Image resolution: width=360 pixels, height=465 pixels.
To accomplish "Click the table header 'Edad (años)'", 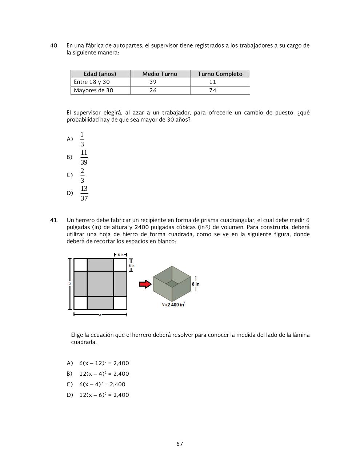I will [x=100, y=74].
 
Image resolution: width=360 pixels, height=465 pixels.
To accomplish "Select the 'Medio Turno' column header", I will [x=160, y=74].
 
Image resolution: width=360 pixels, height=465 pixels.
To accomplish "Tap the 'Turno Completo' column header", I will [x=220, y=74].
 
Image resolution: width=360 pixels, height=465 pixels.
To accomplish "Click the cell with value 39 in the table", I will [x=153, y=82].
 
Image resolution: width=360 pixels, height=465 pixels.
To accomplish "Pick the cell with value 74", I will [x=213, y=90].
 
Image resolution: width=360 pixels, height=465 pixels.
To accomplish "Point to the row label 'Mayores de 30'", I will [x=93, y=90].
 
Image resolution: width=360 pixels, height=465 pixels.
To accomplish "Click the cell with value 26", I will [x=153, y=90].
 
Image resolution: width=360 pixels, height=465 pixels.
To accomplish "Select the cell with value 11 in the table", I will [x=213, y=82].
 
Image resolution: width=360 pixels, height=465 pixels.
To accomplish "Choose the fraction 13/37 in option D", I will [x=84, y=194].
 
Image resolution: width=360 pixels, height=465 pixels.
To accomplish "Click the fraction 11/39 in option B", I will [x=84, y=157].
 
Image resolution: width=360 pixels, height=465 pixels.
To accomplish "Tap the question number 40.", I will [x=54, y=46].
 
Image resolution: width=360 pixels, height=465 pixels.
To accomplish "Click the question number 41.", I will [x=54, y=220].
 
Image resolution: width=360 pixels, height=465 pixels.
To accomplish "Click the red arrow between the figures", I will [x=145, y=284].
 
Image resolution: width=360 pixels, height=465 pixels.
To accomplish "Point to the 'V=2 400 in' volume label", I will [x=173, y=304].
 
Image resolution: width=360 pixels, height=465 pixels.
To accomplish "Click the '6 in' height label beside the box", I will [x=196, y=284].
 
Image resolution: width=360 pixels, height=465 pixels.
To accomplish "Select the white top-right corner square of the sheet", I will [x=120, y=265].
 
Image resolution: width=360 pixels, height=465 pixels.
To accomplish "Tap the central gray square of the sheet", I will [x=100, y=284].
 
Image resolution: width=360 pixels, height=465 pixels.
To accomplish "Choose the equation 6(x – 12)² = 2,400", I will [x=104, y=363].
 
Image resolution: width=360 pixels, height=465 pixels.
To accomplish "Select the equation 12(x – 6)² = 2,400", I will [x=104, y=395].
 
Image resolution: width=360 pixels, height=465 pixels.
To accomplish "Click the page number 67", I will [x=180, y=444].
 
